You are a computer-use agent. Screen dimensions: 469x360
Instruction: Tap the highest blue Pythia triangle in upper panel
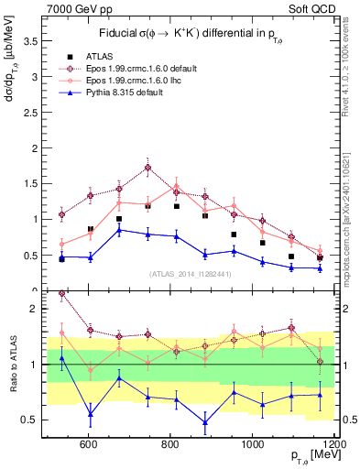coord(119,230)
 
